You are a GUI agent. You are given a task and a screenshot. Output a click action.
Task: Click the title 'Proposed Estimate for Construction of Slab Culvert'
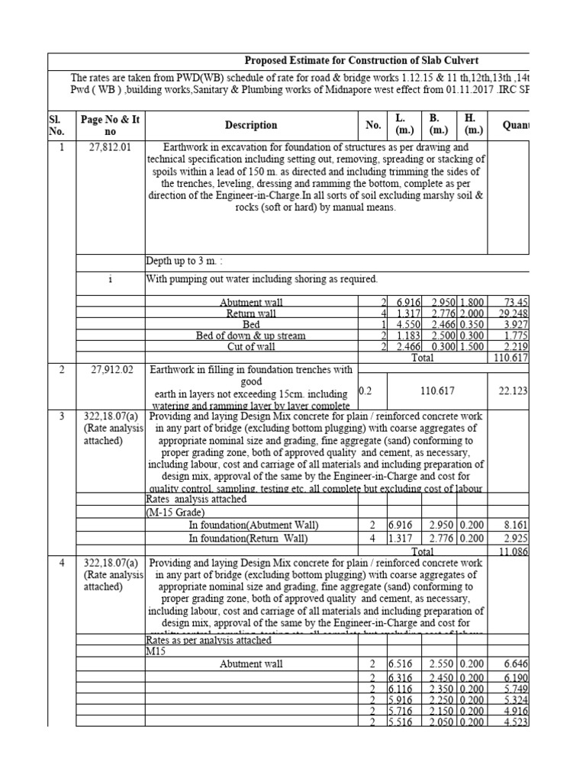click(x=361, y=61)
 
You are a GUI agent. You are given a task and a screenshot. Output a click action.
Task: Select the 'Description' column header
click(x=251, y=125)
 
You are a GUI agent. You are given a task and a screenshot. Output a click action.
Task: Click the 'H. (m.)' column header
click(x=471, y=125)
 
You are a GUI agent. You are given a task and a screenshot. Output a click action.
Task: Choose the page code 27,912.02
click(x=111, y=370)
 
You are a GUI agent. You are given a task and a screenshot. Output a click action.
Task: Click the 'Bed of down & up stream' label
click(x=251, y=336)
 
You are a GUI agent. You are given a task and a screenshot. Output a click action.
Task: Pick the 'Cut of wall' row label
click(x=251, y=347)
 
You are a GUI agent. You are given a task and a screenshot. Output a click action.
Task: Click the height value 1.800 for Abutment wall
click(x=471, y=303)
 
